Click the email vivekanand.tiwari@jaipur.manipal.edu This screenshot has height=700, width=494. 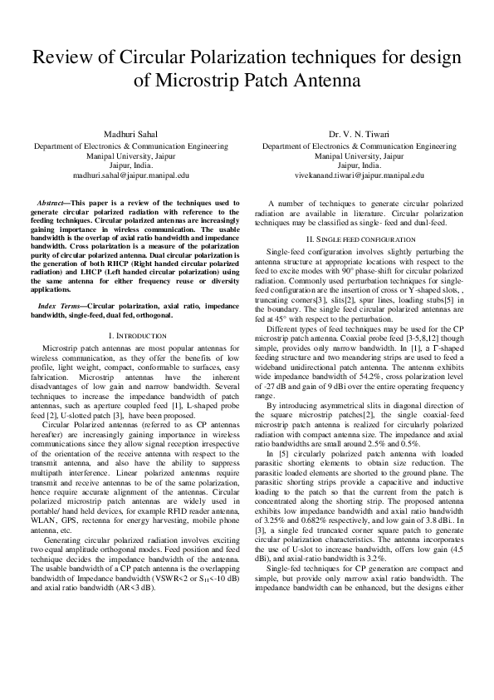359,175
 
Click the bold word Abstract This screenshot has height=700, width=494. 54,203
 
